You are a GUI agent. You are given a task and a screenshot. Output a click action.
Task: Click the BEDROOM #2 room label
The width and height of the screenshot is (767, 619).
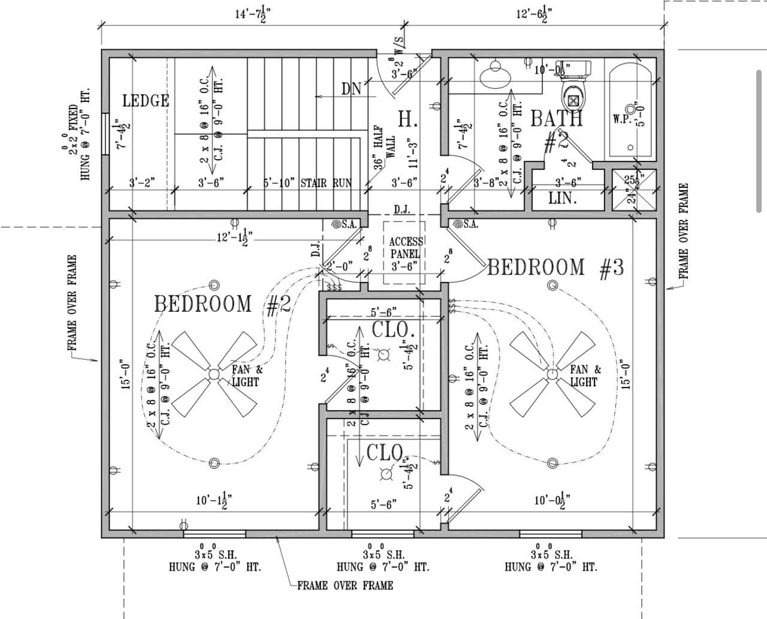[x=222, y=304]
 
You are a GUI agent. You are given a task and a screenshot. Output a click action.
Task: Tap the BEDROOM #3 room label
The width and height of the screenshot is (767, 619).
[x=555, y=268]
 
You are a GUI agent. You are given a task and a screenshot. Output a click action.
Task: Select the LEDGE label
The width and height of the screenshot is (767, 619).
[x=146, y=101]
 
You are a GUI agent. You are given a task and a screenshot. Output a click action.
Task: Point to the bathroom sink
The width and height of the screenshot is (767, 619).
[x=496, y=74]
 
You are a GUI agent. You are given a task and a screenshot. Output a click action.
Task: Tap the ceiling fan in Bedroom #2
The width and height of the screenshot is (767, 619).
[x=214, y=374]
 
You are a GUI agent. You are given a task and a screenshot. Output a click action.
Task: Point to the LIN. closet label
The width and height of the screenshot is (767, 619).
[x=563, y=199]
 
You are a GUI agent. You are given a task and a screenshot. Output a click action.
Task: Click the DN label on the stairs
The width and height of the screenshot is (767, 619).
[x=352, y=89]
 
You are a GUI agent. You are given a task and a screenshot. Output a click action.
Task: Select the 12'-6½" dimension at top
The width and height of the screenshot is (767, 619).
[x=534, y=14]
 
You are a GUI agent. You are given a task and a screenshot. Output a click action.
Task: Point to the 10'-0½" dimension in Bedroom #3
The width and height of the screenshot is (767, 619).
[x=552, y=500]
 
